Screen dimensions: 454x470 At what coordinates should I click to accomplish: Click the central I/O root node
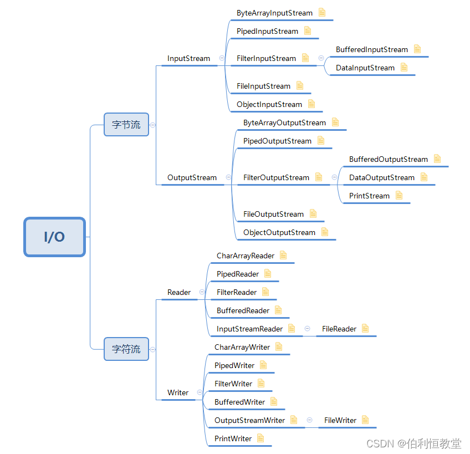(x=54, y=237)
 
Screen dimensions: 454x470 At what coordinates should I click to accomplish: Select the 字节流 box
(x=126, y=125)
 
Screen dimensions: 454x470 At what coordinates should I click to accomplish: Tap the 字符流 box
(x=126, y=349)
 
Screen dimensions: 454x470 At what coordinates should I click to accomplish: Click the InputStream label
(x=188, y=58)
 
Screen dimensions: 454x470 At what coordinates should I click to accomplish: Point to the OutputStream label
(x=192, y=177)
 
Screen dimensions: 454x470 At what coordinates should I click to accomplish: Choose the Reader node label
(x=178, y=292)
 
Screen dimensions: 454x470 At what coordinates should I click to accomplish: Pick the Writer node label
(x=178, y=392)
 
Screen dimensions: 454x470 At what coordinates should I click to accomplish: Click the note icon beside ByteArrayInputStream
(x=322, y=12)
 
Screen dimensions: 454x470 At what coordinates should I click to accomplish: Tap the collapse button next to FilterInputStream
(x=321, y=58)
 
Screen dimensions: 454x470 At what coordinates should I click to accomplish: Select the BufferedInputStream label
(x=371, y=49)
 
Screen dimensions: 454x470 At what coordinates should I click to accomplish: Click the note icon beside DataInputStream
(x=404, y=67)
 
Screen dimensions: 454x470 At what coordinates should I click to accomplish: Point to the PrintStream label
(x=369, y=196)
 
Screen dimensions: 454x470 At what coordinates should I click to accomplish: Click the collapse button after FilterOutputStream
(x=334, y=177)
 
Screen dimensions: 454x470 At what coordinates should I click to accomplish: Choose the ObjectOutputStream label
(x=279, y=232)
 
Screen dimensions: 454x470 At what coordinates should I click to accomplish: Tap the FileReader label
(x=339, y=329)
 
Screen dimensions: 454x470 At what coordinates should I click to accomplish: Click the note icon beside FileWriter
(x=365, y=420)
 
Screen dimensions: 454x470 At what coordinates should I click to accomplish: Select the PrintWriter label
(x=233, y=438)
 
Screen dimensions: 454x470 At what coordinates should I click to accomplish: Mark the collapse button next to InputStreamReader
(x=307, y=329)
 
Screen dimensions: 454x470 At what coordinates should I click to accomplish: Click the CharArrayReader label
(x=245, y=256)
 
